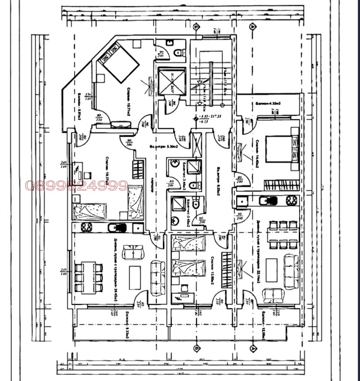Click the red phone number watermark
[77, 185]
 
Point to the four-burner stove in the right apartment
[290, 200]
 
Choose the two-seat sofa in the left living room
[133, 252]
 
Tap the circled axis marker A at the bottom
[254, 348]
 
